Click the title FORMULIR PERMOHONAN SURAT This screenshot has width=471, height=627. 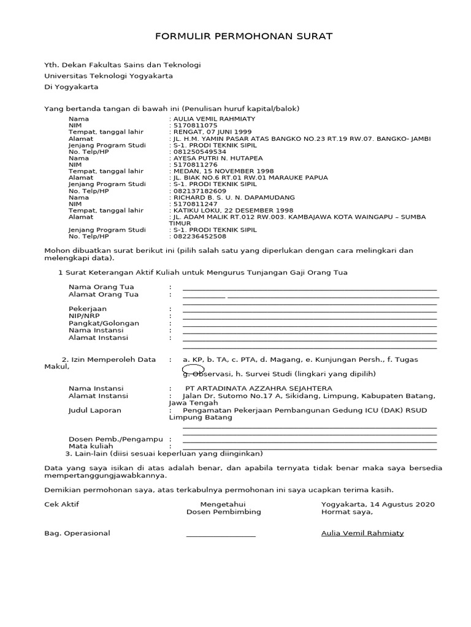pyautogui.click(x=243, y=37)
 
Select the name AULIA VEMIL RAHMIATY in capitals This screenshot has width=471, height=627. pyautogui.click(x=214, y=119)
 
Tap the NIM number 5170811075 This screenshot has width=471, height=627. pyautogui.click(x=195, y=125)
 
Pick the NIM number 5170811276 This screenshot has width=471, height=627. pyautogui.click(x=195, y=165)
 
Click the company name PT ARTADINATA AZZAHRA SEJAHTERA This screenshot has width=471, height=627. pyautogui.click(x=259, y=388)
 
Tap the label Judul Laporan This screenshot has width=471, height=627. pyautogui.click(x=95, y=410)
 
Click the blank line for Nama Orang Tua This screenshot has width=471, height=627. pyautogui.click(x=310, y=288)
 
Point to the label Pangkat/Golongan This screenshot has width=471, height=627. pyautogui.click(x=104, y=323)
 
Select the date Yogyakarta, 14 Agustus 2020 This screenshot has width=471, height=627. pyautogui.click(x=378, y=505)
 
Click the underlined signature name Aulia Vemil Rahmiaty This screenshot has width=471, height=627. pyautogui.click(x=362, y=533)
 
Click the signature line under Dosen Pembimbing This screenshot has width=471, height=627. pyautogui.click(x=221, y=536)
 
